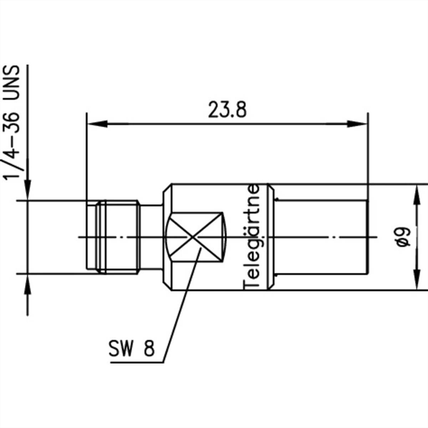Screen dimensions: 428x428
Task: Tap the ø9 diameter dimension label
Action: click(404, 237)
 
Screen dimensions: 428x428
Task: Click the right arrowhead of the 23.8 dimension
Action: click(357, 124)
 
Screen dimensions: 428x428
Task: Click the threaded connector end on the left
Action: click(112, 237)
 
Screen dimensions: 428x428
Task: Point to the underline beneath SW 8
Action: click(137, 362)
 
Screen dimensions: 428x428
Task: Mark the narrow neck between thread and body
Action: click(151, 237)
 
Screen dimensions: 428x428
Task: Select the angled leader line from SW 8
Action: click(180, 307)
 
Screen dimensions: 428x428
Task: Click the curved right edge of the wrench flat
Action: click(225, 237)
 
